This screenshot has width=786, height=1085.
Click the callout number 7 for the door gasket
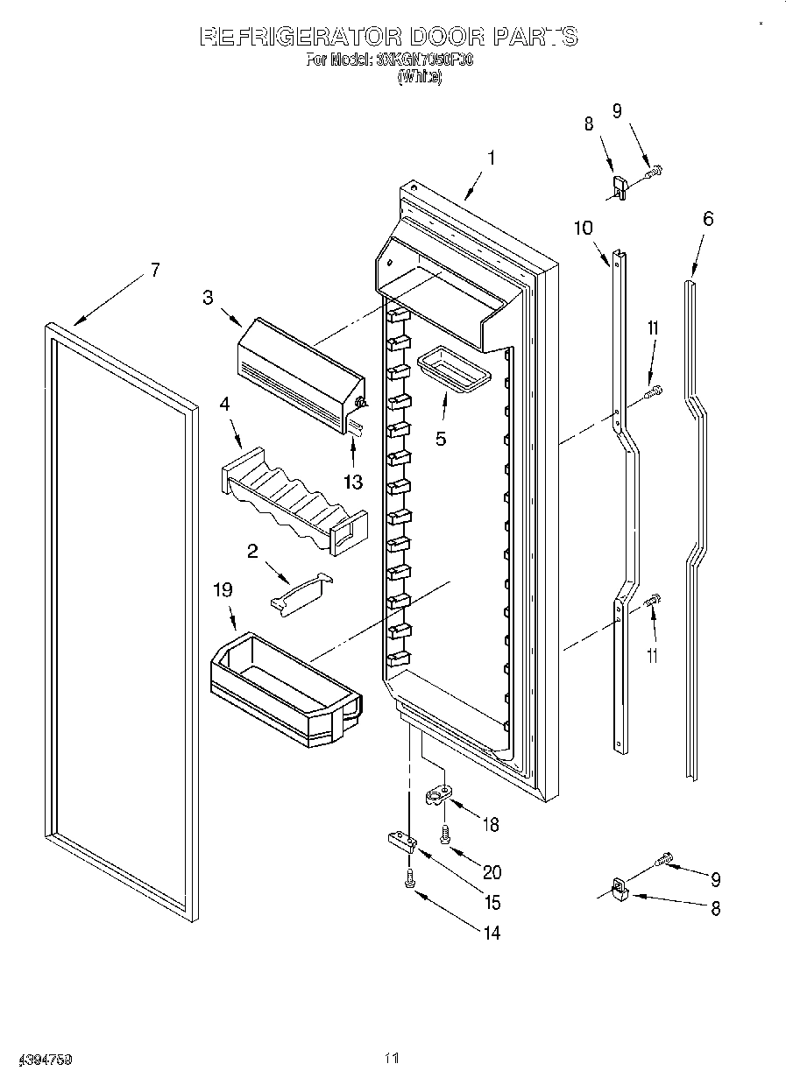(154, 271)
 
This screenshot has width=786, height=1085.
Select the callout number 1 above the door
(492, 159)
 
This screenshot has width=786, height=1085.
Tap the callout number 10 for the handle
(583, 229)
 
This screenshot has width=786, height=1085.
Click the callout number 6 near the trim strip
(708, 218)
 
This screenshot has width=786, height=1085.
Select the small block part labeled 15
(400, 842)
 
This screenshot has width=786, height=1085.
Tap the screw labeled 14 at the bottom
(409, 880)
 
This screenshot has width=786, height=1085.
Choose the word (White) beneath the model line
(419, 77)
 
